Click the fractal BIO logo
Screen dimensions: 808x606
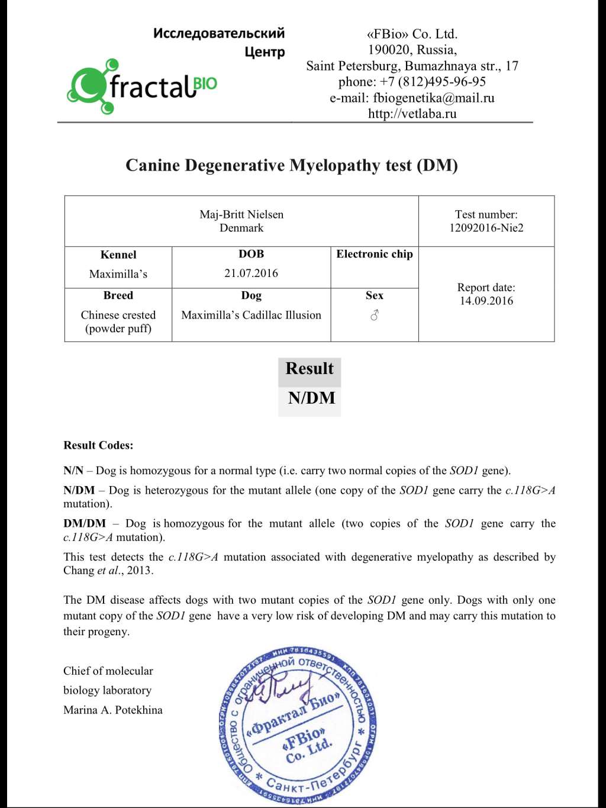coord(142,86)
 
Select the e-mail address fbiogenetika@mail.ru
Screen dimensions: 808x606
coord(433,98)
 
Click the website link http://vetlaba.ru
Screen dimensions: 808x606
coord(412,114)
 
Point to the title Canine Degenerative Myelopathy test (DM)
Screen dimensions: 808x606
coord(291,165)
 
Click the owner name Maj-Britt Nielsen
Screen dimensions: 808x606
coord(241,214)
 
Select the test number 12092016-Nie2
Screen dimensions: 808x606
coord(486,228)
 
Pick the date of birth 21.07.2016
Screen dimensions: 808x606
coord(251,273)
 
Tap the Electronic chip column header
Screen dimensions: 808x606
coord(374,254)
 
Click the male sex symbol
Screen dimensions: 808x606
coord(374,315)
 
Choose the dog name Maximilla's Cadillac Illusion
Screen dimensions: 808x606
coord(251,315)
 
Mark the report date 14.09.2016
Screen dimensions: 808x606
coord(486,301)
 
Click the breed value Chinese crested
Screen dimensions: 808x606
coord(118,315)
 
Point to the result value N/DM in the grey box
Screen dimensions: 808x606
coord(311,398)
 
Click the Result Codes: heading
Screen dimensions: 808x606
coord(98,445)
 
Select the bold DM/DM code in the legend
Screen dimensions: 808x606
coord(85,523)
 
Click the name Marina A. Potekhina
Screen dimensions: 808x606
coord(112,710)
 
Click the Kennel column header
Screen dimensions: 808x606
coord(118,255)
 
